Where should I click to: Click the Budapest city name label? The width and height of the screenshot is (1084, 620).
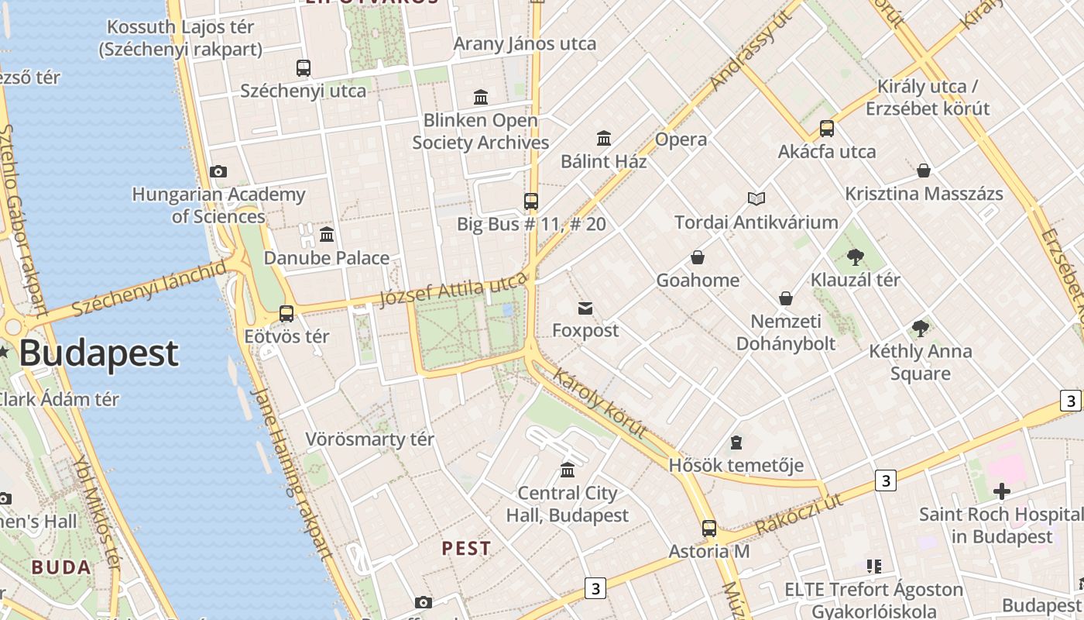pyautogui.click(x=98, y=353)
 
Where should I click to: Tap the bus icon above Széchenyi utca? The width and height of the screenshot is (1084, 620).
pyautogui.click(x=304, y=67)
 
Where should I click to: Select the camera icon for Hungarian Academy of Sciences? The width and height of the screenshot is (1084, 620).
pyautogui.click(x=218, y=171)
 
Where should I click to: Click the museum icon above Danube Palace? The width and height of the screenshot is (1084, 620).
pyautogui.click(x=327, y=234)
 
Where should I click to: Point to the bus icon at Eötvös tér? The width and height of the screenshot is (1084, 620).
pyautogui.click(x=286, y=313)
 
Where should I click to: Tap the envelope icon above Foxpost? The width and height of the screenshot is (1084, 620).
pyautogui.click(x=585, y=308)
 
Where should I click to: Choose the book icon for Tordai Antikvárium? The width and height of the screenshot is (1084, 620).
pyautogui.click(x=756, y=199)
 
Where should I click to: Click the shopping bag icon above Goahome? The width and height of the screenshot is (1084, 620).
pyautogui.click(x=698, y=257)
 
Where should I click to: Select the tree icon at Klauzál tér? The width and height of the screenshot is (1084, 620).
pyautogui.click(x=856, y=257)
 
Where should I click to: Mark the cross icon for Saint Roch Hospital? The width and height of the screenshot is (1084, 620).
pyautogui.click(x=1002, y=491)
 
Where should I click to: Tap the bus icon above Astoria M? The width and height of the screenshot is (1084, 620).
pyautogui.click(x=709, y=529)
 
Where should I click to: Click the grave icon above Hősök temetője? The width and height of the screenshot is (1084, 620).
pyautogui.click(x=736, y=443)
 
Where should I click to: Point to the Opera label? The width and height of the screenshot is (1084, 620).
pyautogui.click(x=681, y=139)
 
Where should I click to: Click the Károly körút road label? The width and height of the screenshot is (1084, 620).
pyautogui.click(x=601, y=404)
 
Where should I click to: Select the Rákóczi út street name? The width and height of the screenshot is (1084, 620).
pyautogui.click(x=798, y=514)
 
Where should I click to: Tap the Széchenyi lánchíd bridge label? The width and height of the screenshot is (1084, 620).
pyautogui.click(x=150, y=289)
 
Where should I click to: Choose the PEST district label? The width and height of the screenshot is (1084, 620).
pyautogui.click(x=466, y=548)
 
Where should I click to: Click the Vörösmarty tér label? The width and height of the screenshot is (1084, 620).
pyautogui.click(x=369, y=439)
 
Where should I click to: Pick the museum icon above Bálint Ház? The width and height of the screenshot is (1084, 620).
pyautogui.click(x=604, y=139)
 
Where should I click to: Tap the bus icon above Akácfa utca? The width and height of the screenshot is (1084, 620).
pyautogui.click(x=827, y=129)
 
